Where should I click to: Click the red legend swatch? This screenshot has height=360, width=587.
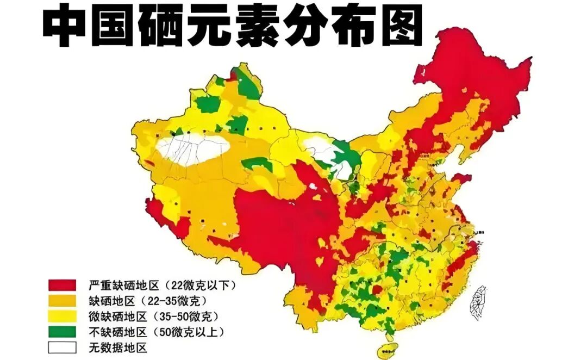coord(62,285)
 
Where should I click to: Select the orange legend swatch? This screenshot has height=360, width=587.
coord(62,300)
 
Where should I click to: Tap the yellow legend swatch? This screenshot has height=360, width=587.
coord(62,316)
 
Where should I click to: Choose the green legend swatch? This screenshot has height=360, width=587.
coord(62,331)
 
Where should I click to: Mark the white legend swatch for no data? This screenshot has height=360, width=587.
coord(62,347)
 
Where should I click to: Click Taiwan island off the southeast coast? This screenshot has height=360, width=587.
coord(478,301)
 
